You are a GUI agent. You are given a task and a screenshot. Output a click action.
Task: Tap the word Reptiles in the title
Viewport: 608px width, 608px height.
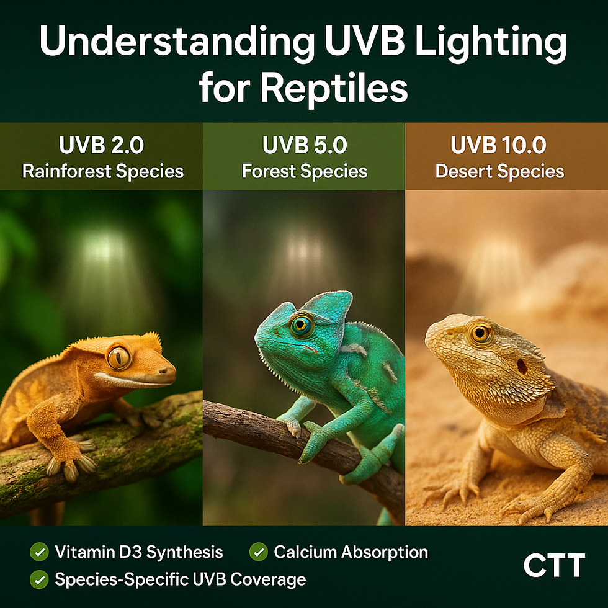334,88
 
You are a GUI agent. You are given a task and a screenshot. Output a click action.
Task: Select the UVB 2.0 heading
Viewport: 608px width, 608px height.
102,145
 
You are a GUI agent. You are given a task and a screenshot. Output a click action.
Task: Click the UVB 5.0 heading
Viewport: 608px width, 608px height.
304,145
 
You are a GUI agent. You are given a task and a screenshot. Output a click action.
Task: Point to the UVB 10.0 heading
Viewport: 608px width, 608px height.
499,145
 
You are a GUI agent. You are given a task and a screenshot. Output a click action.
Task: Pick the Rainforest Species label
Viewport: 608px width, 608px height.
103,171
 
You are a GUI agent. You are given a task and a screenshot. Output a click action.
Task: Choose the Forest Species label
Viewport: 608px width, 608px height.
304,171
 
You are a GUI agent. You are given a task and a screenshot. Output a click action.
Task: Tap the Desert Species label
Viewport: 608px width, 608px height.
499,171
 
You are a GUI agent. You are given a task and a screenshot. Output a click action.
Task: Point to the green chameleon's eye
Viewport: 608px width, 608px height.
302,324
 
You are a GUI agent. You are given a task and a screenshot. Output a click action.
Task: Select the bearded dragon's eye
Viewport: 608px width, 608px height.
480,334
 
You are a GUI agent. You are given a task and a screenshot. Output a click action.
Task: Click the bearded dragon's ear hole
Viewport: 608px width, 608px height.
522,366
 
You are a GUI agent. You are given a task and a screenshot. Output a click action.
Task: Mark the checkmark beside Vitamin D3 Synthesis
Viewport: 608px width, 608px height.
39,551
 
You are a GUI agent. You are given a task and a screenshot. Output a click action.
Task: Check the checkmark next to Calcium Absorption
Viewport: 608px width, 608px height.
259,551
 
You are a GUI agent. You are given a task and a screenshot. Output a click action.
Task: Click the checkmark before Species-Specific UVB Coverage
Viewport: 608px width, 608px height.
39,579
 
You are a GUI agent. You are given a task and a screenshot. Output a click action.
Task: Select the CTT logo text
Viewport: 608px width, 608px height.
554,565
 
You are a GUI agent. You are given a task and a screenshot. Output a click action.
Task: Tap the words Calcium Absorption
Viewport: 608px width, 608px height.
351,551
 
